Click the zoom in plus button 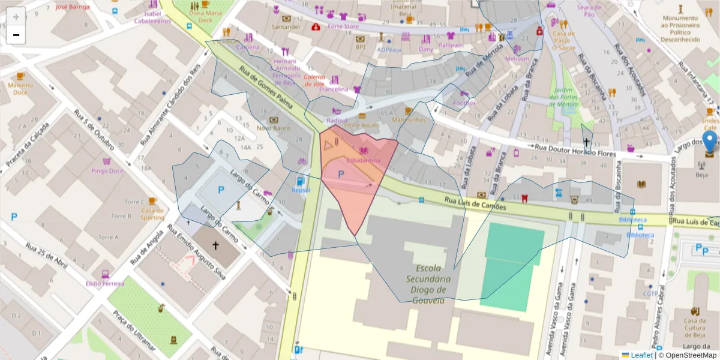16,16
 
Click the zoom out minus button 16,35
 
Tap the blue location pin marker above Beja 710,143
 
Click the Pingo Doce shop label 107,170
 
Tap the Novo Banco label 274,128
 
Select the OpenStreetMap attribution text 688,355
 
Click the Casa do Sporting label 152,214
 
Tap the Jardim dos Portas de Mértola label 563,98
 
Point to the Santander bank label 286,27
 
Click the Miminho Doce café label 20,89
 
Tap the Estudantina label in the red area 364,160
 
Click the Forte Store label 343,26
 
